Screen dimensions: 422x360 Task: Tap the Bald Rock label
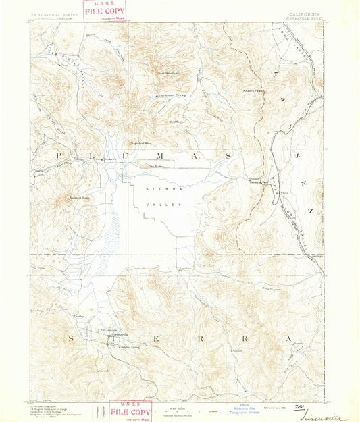pyautogui.click(x=174, y=122)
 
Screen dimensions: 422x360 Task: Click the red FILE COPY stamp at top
pyautogui.click(x=105, y=11)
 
